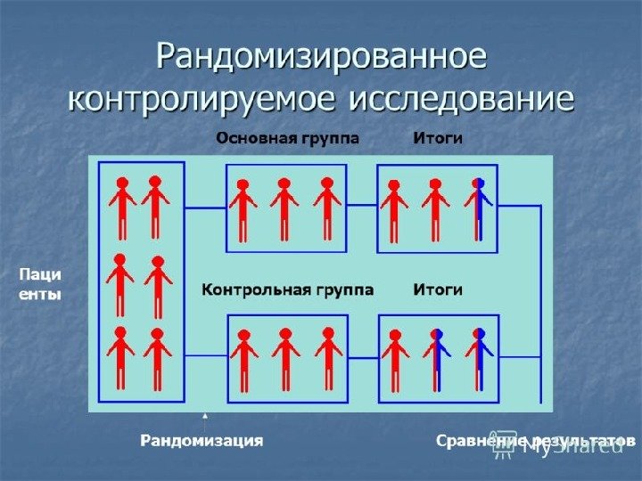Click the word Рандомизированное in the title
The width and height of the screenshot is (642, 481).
(322, 56)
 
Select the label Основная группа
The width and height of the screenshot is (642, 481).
(288, 139)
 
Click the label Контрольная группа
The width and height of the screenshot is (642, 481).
(287, 289)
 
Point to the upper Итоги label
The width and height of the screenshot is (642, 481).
(437, 139)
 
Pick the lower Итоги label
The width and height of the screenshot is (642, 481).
(437, 289)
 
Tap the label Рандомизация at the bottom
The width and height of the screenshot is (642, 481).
(202, 440)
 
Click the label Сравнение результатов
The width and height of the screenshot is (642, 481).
(535, 440)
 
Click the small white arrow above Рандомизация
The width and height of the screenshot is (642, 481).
(206, 416)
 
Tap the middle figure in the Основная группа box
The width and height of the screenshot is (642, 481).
(284, 208)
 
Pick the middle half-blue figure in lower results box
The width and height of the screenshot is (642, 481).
(437, 358)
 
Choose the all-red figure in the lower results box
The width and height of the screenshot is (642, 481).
(394, 358)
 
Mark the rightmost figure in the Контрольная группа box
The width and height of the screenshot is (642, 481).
(328, 358)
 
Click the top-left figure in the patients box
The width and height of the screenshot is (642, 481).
(122, 207)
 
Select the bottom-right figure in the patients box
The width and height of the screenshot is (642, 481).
(158, 358)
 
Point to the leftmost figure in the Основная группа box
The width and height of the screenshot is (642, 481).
(243, 208)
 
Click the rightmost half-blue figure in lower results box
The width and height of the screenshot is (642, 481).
(479, 358)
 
